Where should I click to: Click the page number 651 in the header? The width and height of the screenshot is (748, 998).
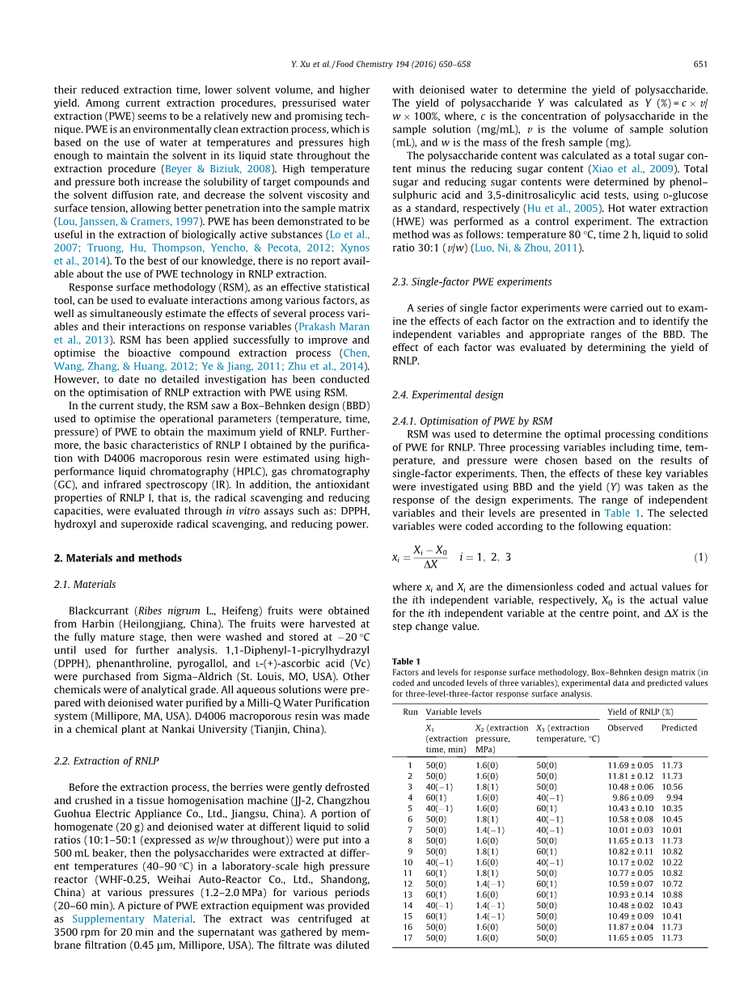point(700,65)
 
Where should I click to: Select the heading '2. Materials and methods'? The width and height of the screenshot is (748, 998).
point(117,558)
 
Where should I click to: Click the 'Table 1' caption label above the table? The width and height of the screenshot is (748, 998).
point(406,662)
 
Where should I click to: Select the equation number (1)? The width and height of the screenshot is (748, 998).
point(700,558)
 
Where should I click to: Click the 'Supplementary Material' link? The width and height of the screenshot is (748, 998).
point(133,920)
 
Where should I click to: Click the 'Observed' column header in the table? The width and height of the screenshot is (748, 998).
point(625,728)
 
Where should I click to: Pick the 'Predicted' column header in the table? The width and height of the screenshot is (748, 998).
point(678,728)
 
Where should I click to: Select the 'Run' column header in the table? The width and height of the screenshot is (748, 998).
point(410,712)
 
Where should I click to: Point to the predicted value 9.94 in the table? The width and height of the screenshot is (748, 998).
point(674,797)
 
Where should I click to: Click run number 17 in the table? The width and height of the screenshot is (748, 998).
point(409,938)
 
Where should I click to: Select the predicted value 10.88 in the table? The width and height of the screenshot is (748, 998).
point(672,894)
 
